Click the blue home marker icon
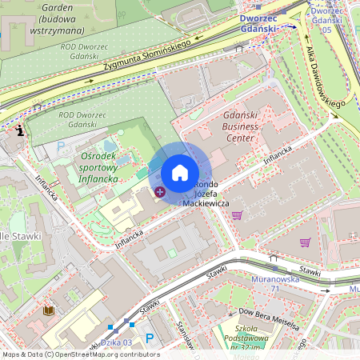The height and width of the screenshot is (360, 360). (180, 173)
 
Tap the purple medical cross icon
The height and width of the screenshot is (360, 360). (160, 191)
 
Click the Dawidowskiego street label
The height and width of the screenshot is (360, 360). (325, 77)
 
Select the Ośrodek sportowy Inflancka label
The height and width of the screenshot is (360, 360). (99, 167)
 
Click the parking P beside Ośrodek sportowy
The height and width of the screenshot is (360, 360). (61, 147)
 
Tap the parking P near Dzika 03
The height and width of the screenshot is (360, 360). (149, 338)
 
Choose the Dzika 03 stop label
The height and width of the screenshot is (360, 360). (118, 342)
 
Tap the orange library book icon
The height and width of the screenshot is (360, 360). (48, 310)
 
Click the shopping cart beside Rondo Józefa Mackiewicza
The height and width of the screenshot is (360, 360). (236, 214)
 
